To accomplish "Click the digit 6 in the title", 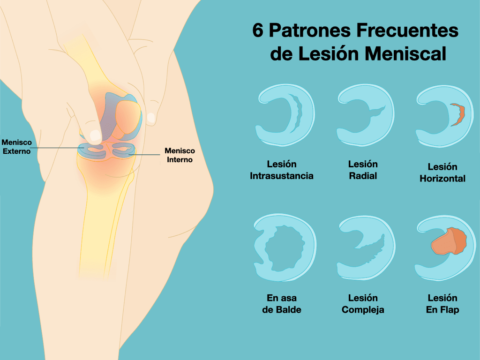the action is pos(258,30).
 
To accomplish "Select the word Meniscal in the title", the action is pos(405,53).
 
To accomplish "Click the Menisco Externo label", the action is pos(16,147).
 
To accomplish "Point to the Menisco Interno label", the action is pos(180,155).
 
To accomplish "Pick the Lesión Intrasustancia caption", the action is pos(282,170).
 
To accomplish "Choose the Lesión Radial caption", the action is pos(363,170).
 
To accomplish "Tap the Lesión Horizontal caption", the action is pos(442,172).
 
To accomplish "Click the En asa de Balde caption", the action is pos(282,304).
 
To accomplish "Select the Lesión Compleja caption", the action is pos(363,304).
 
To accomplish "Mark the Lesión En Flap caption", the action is pos(442,304).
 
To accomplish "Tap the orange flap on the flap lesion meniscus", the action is pos(449,242).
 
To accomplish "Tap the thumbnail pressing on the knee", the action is pos(96,135).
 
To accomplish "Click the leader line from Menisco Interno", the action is pos(144,155).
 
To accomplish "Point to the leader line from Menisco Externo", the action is pos(57,148).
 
